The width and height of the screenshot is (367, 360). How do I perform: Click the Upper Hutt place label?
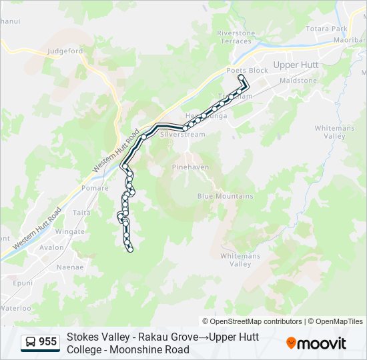tap(296, 65)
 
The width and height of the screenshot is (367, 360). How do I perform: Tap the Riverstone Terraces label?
tap(236, 37)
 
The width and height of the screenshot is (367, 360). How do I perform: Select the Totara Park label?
tap(326, 29)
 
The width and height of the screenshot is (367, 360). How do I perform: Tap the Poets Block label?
tap(247, 71)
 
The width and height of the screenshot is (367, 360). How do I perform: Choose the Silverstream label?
tap(183, 134)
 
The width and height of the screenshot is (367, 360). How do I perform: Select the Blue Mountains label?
tap(225, 196)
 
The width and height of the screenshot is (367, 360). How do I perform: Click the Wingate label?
tap(70, 232)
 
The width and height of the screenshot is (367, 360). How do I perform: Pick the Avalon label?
tap(51, 247)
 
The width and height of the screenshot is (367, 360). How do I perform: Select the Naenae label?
tap(70, 267)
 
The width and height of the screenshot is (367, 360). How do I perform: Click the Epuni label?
tap(23, 283)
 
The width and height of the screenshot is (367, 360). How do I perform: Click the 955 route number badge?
tap(39, 342)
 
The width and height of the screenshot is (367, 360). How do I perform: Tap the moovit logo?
tap(316, 343)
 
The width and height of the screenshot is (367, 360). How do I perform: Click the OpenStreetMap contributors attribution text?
tap(252, 321)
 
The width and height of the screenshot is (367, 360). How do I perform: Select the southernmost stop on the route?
tap(130, 249)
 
